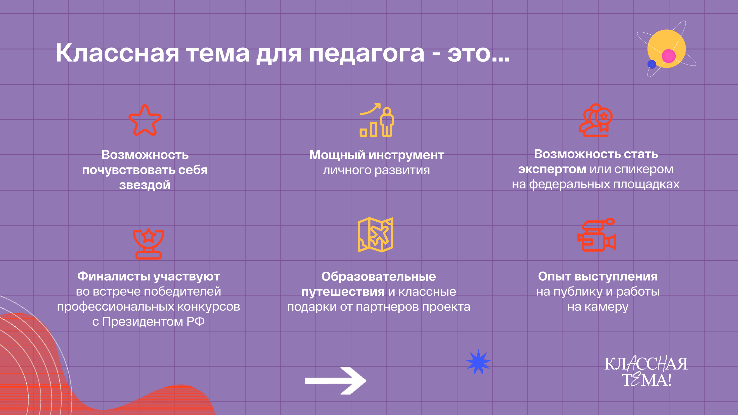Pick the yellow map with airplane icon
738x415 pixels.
[x=376, y=235]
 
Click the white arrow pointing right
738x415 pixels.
[x=335, y=380]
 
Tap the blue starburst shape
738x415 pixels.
[x=478, y=362]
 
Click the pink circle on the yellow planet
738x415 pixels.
[x=668, y=56]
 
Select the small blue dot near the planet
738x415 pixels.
[x=652, y=64]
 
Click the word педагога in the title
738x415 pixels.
[x=367, y=54]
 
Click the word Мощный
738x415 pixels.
[x=337, y=155]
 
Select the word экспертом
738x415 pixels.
[x=552, y=169]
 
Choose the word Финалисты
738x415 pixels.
[x=114, y=276]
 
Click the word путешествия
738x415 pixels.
[x=343, y=292]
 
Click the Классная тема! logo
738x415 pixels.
[x=646, y=371]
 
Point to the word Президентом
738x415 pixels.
[x=143, y=322]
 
